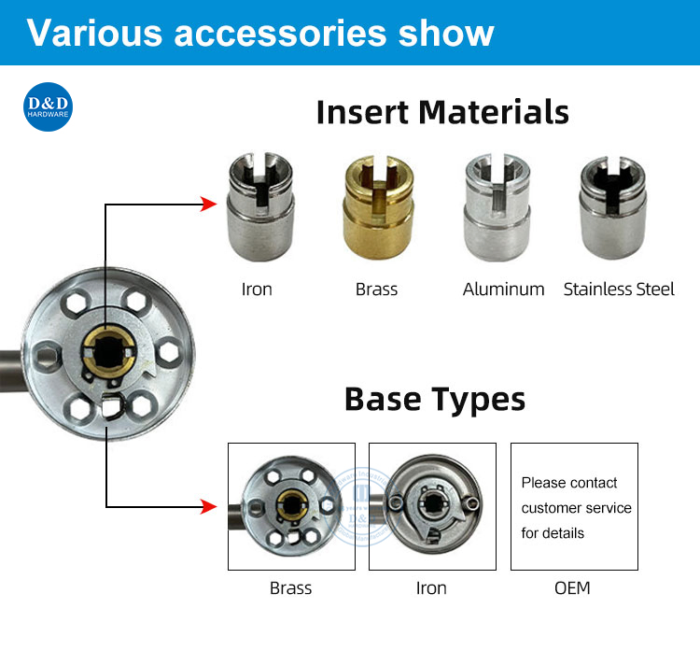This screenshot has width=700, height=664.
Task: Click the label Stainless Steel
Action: [619, 289]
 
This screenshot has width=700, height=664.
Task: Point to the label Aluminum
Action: [503, 289]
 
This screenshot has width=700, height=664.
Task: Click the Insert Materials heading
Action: [442, 112]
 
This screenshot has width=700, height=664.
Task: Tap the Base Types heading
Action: [435, 399]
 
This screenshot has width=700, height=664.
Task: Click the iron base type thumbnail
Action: [431, 506]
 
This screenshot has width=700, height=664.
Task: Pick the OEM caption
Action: [571, 588]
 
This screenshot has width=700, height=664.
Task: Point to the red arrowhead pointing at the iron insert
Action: [208, 205]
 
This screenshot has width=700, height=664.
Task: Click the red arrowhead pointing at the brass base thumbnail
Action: [209, 507]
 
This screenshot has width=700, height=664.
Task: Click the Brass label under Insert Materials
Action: [376, 289]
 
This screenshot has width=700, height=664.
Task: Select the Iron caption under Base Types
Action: [431, 588]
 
